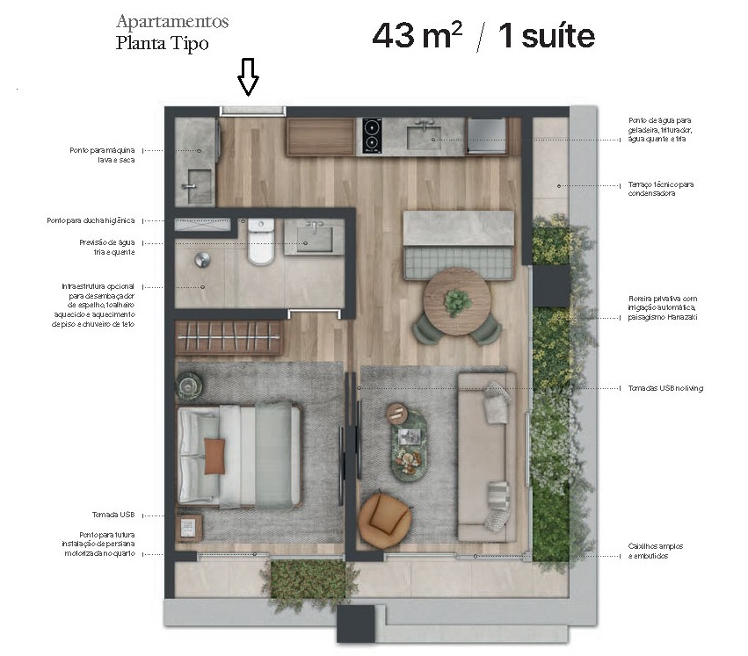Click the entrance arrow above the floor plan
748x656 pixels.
(x=249, y=77)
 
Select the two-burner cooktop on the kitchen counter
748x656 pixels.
(x=372, y=135)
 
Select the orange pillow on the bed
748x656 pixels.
(x=215, y=455)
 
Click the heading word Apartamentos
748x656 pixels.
(x=172, y=21)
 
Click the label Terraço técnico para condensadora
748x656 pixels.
(x=661, y=189)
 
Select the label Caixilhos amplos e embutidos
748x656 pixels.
(x=656, y=551)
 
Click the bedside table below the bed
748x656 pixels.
(x=190, y=527)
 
